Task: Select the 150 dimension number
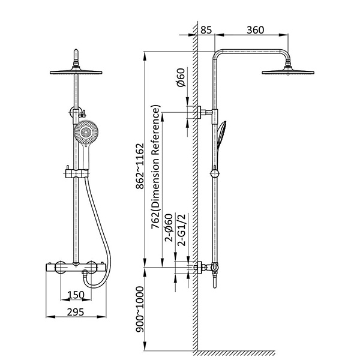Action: (x=76, y=295)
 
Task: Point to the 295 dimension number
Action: (x=76, y=312)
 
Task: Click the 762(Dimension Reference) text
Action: (x=157, y=168)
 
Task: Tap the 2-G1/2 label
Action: (x=180, y=229)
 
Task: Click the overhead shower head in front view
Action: (x=76, y=71)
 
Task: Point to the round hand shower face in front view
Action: (x=85, y=133)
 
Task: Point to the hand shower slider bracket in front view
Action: (x=76, y=173)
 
